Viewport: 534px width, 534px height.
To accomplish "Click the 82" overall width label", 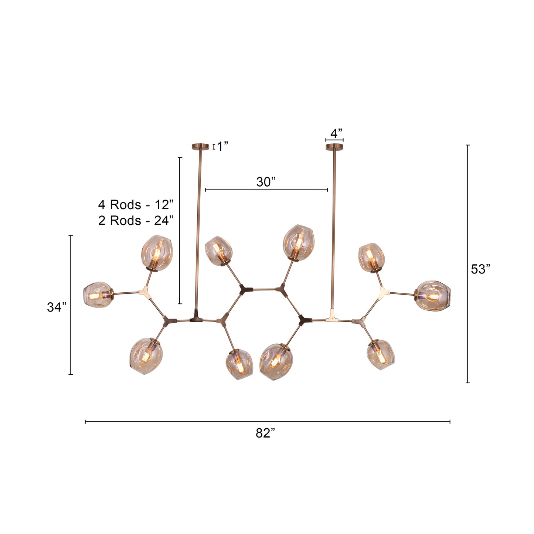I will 265,433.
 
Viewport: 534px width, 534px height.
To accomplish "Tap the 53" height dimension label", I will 480,269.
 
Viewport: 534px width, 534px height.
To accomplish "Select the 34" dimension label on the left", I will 57,307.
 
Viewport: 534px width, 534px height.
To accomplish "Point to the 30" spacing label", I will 266,182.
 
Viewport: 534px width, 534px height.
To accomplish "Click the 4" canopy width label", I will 336,133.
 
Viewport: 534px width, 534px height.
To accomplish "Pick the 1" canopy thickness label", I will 222,147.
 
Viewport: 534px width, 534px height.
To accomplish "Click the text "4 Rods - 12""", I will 136,204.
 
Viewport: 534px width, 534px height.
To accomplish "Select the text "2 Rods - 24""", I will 136,220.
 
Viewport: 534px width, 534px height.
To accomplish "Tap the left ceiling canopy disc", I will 200,146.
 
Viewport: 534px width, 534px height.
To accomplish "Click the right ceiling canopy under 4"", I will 334,147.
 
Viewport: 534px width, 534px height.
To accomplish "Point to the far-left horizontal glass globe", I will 97,295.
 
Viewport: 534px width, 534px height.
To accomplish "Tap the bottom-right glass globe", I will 381,354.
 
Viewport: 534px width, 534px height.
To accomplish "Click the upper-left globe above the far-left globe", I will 157,253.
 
